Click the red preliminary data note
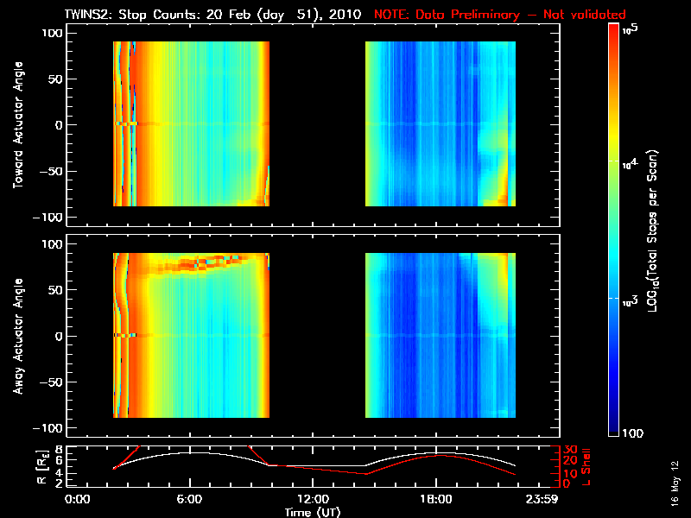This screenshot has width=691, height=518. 500,15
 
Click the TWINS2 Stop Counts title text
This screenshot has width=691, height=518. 213,15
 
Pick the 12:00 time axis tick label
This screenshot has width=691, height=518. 313,499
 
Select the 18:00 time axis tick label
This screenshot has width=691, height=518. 436,499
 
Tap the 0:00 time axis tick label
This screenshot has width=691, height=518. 78,499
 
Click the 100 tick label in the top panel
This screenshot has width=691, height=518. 52,33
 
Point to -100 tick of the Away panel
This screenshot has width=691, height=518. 48,428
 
